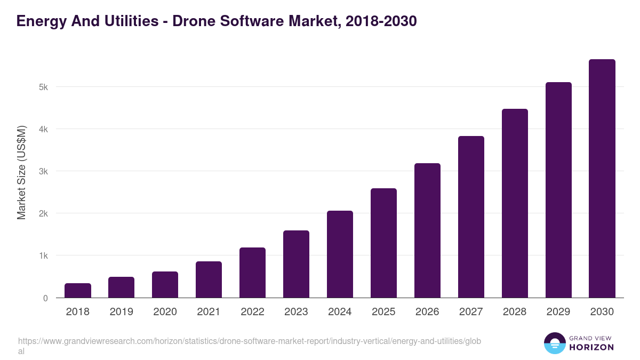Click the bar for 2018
pos(78,291)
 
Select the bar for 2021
pos(209,279)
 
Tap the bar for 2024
pos(340,254)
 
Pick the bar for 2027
pos(471,217)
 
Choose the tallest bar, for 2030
pos(602,179)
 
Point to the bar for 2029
pos(558,190)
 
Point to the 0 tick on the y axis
pos(45,298)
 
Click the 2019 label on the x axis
pos(122,312)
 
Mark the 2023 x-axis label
pos(296,312)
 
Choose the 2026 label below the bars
pos(427,312)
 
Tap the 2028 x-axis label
pos(515,312)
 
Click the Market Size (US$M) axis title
pos(21,172)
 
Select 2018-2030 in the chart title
pos(381,21)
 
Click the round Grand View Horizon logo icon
pos(554,343)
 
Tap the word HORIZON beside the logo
pos(591,347)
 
